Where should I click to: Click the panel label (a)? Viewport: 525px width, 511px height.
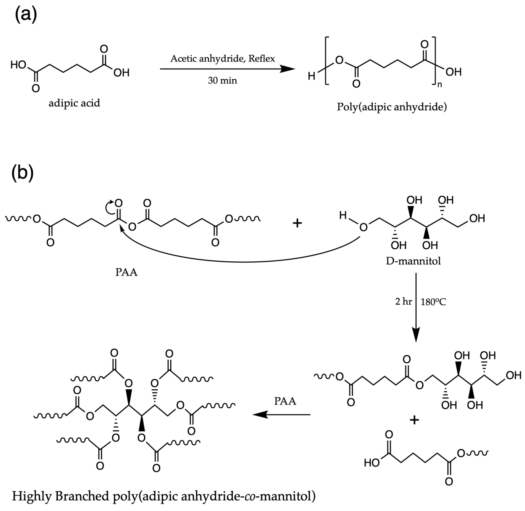(25, 15)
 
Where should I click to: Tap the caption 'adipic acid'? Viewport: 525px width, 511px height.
(74, 103)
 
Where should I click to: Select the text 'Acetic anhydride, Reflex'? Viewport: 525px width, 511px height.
(223, 58)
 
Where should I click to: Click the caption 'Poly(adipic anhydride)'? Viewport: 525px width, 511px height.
(392, 107)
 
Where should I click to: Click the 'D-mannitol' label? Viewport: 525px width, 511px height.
(413, 261)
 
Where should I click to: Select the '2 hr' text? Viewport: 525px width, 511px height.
(403, 302)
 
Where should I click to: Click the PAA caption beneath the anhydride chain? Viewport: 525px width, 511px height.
(126, 272)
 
